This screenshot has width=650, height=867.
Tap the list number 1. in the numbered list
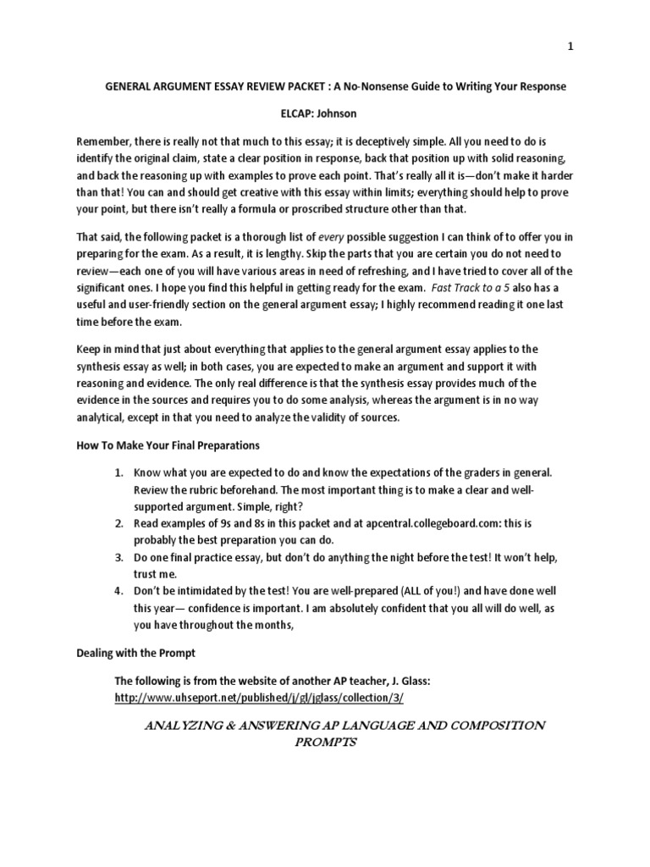[x=120, y=471]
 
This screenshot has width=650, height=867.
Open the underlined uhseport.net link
[x=260, y=697]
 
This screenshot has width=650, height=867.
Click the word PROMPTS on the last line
[x=323, y=743]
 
